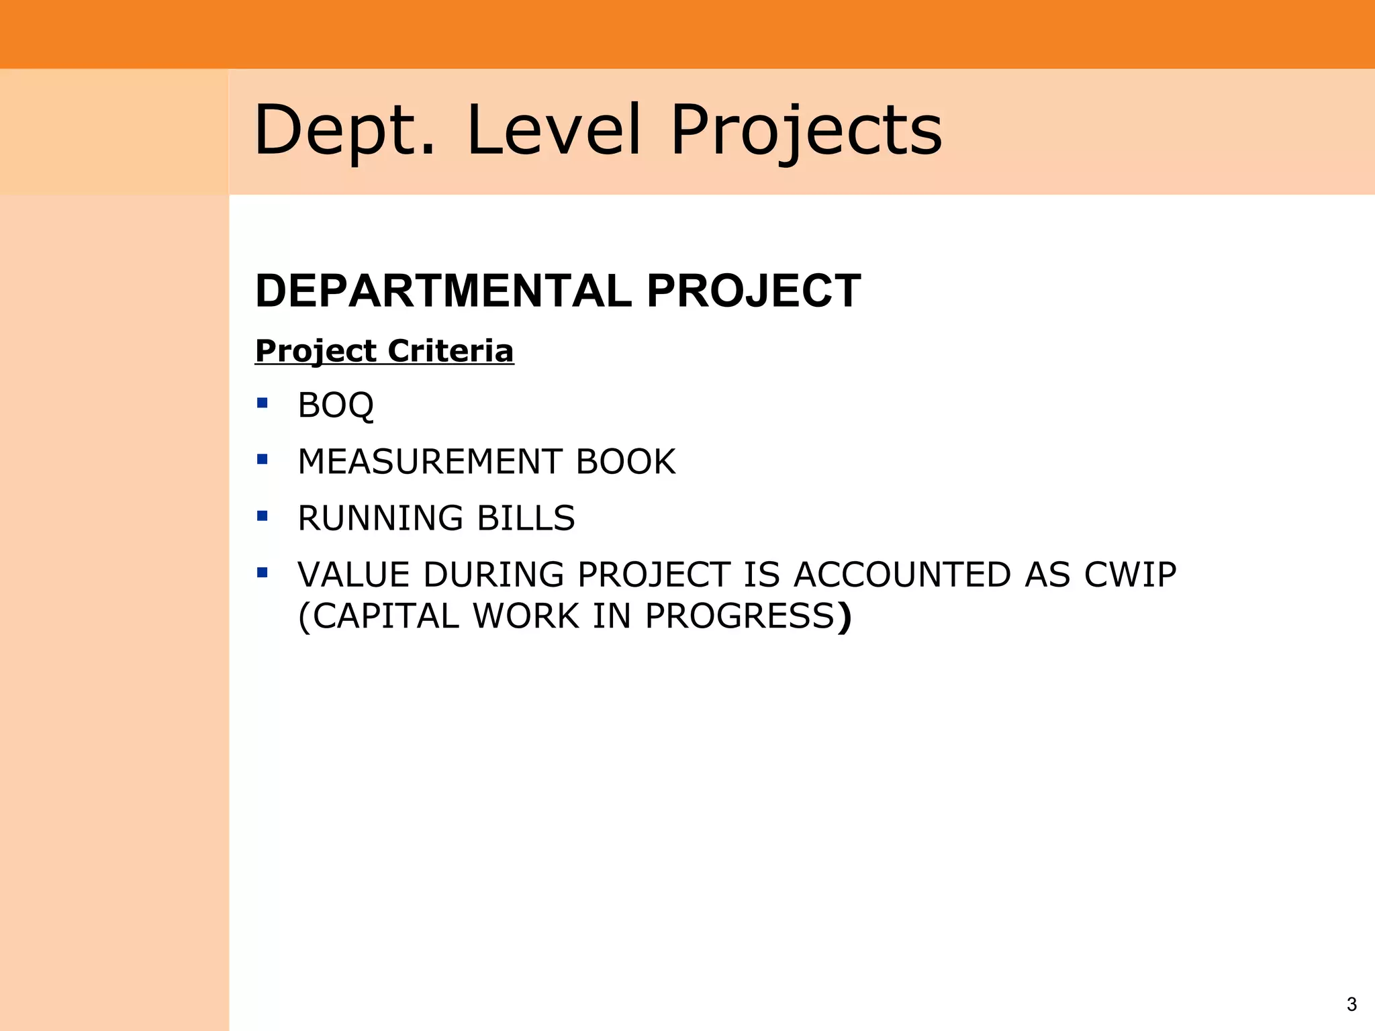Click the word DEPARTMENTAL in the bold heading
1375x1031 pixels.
point(444,291)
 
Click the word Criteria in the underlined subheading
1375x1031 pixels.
point(451,351)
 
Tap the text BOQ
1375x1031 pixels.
point(336,405)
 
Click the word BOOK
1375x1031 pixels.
point(626,462)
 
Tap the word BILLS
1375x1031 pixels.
point(526,518)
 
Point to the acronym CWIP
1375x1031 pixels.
point(1130,575)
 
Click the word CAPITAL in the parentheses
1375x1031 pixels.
point(386,616)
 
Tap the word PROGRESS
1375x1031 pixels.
point(740,616)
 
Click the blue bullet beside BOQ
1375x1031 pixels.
point(263,403)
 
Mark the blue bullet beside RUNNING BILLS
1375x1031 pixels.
point(263,515)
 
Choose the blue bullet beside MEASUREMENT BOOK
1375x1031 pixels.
point(263,459)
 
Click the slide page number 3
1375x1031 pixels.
point(1352,1004)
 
